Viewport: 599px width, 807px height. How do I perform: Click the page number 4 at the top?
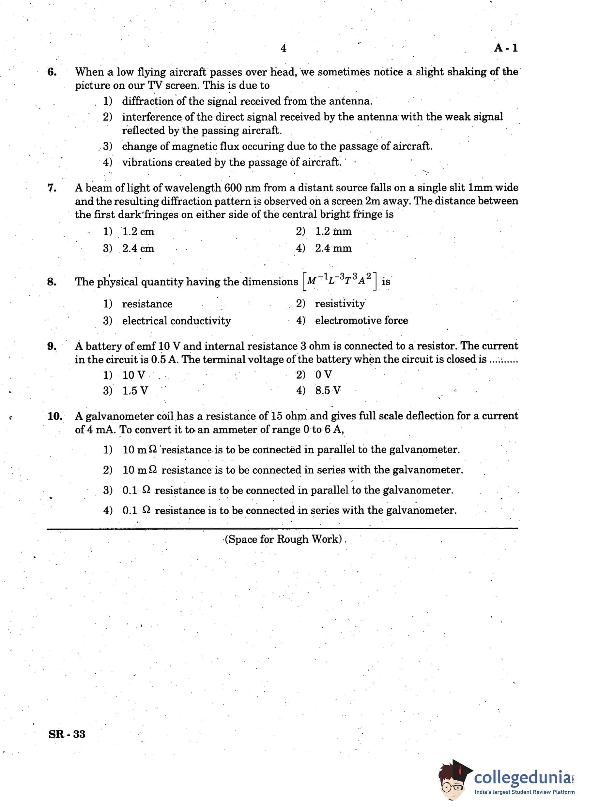pyautogui.click(x=283, y=48)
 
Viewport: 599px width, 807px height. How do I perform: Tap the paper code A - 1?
pyautogui.click(x=506, y=48)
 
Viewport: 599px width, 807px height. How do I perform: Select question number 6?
pyautogui.click(x=52, y=72)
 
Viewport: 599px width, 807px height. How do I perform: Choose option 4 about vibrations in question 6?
pyautogui.click(x=222, y=162)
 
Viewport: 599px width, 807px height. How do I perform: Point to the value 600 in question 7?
pyautogui.click(x=233, y=188)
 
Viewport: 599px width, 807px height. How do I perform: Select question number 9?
pyautogui.click(x=52, y=346)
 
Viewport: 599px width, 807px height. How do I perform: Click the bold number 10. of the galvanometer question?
pyautogui.click(x=55, y=416)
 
